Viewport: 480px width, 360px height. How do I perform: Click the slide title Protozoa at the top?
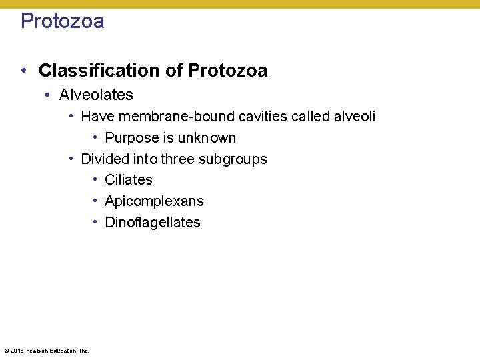62,21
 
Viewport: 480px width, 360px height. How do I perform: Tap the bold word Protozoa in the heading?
228,71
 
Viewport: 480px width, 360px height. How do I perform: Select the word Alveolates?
96,95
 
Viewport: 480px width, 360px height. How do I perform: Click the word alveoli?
353,117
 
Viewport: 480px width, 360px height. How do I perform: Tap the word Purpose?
130,138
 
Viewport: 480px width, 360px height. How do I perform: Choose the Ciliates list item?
129,180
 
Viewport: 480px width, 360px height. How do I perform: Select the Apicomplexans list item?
154,201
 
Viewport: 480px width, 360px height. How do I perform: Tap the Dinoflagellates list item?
153,223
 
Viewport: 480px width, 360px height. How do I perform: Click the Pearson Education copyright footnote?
46,350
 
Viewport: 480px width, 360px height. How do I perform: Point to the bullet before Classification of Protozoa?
24,71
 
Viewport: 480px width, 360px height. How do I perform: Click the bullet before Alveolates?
48,95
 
